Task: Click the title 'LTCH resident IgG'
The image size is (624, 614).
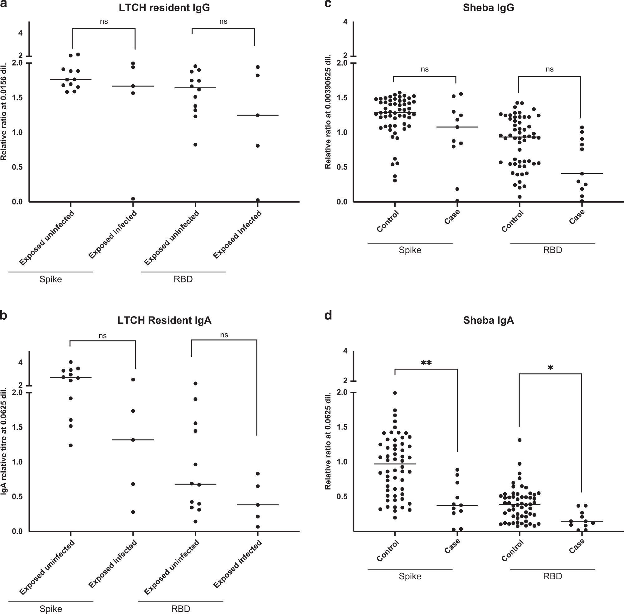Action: coord(164,8)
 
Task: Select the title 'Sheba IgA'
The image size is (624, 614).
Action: coord(488,320)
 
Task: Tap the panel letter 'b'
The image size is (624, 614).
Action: coord(4,315)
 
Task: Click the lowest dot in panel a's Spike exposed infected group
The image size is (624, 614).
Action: coord(133,199)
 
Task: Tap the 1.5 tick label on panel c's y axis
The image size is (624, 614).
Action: coord(342,98)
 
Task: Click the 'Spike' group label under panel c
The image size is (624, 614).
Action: coord(410,250)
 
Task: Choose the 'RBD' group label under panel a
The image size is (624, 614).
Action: coord(183,279)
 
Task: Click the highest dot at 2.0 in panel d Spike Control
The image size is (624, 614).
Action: coord(395,393)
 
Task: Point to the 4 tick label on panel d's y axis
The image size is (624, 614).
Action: coord(345,351)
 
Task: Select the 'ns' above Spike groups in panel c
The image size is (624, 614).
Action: coord(425,69)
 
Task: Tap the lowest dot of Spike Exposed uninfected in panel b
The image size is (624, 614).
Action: coord(71,445)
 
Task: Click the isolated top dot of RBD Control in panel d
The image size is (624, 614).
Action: coord(519,440)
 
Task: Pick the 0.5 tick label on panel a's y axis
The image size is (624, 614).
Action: coord(17,167)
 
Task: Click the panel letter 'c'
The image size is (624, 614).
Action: coord(328,4)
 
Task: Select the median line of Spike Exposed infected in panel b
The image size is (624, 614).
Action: coord(133,440)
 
